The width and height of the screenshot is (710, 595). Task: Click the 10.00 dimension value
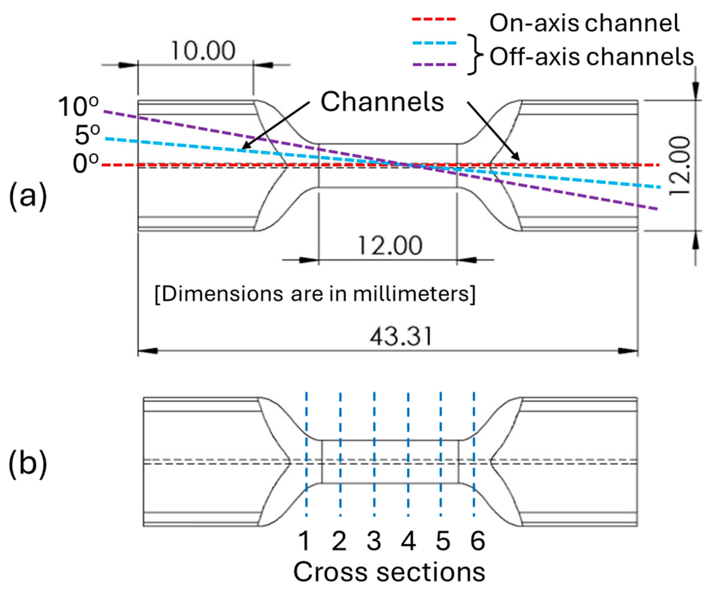click(203, 51)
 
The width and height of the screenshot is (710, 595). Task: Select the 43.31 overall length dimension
click(401, 337)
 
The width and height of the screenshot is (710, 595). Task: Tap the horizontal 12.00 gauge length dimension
click(390, 246)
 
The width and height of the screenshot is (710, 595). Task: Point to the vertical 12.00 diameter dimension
click(680, 166)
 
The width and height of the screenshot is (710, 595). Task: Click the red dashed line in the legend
click(434, 19)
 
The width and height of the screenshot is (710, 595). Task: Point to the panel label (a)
click(28, 196)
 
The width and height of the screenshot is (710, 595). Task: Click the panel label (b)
click(28, 464)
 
